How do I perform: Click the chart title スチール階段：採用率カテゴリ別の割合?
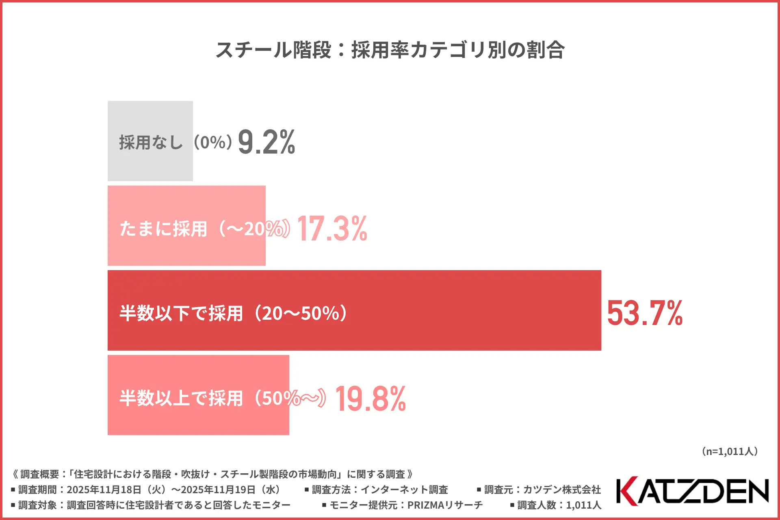pos(390,50)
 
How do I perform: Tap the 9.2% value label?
pos(266,142)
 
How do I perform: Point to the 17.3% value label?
pos(332,229)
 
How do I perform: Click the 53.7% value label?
pos(645,313)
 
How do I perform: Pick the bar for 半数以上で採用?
pos(198,418)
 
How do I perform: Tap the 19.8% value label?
pos(370,399)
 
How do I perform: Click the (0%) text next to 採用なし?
pos(213,142)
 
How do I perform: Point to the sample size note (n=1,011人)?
pos(730,451)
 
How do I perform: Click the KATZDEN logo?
pos(692,491)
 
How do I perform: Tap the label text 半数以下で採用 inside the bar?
pos(181,313)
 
